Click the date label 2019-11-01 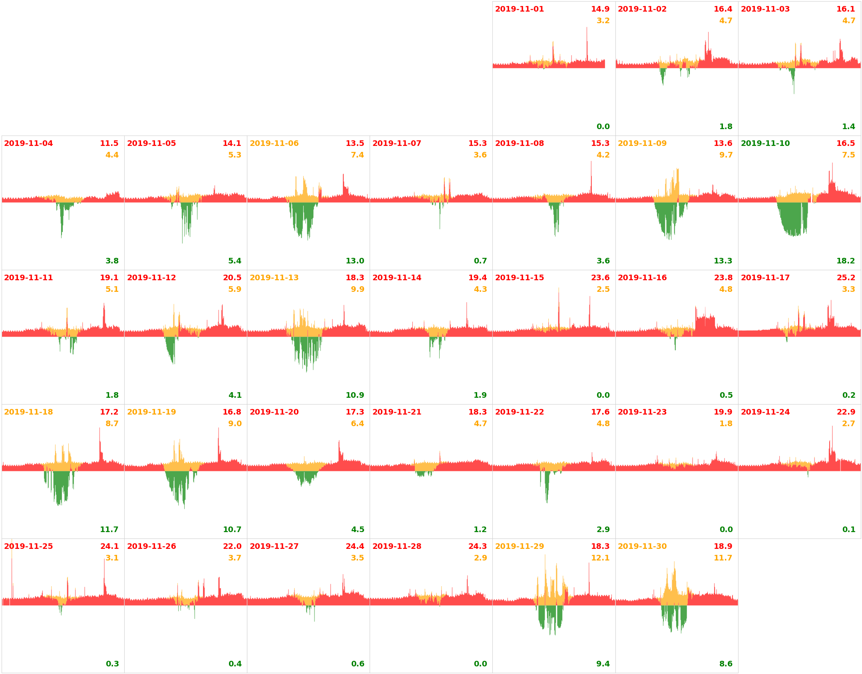point(519,9)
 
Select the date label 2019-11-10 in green point(765,144)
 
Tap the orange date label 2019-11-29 point(519,546)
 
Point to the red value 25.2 point(846,278)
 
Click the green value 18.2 point(846,261)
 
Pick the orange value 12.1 point(600,558)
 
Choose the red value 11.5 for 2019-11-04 point(109,144)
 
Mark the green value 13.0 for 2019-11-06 point(355,261)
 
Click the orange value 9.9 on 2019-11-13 point(357,289)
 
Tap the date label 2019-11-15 point(519,278)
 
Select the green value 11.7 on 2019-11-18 point(109,530)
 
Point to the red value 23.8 point(723,278)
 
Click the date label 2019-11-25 point(28,546)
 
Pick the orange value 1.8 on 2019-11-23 point(726,424)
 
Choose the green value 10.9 point(355,395)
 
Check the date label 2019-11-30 point(642,546)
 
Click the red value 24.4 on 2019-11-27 point(355,546)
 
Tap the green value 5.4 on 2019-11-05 point(235,261)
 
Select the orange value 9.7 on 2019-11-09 point(726,155)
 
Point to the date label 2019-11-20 point(274,412)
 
